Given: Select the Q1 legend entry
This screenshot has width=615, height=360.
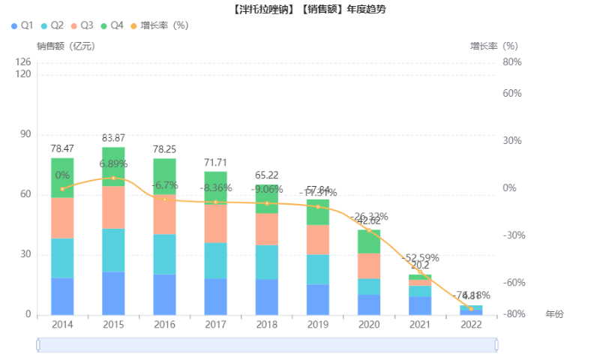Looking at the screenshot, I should [22, 25].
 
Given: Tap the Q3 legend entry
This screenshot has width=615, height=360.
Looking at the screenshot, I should [82, 25].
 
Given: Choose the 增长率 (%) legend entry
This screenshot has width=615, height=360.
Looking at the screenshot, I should [158, 25].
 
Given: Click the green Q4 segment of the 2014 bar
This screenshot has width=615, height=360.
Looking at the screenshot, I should [62, 178].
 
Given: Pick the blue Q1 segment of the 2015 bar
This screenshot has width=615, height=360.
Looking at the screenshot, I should [113, 293].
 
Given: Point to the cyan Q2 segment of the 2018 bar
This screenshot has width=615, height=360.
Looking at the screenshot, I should [266, 262].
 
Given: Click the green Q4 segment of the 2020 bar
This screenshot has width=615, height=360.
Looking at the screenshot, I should [368, 241].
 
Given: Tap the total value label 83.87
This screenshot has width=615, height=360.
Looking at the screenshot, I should [113, 138].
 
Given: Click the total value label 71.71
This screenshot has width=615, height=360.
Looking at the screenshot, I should [215, 163].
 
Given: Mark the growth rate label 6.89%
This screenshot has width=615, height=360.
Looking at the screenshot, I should [113, 163].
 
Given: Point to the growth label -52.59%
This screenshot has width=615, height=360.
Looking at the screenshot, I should [420, 258].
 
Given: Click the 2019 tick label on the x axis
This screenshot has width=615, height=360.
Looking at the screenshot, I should [317, 325].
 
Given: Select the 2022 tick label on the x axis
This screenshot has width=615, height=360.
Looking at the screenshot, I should [471, 325].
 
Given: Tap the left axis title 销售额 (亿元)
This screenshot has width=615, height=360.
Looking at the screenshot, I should [65, 46].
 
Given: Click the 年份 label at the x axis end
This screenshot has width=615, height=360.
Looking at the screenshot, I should [554, 314].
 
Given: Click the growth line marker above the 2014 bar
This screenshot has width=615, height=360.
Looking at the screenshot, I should [62, 188].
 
